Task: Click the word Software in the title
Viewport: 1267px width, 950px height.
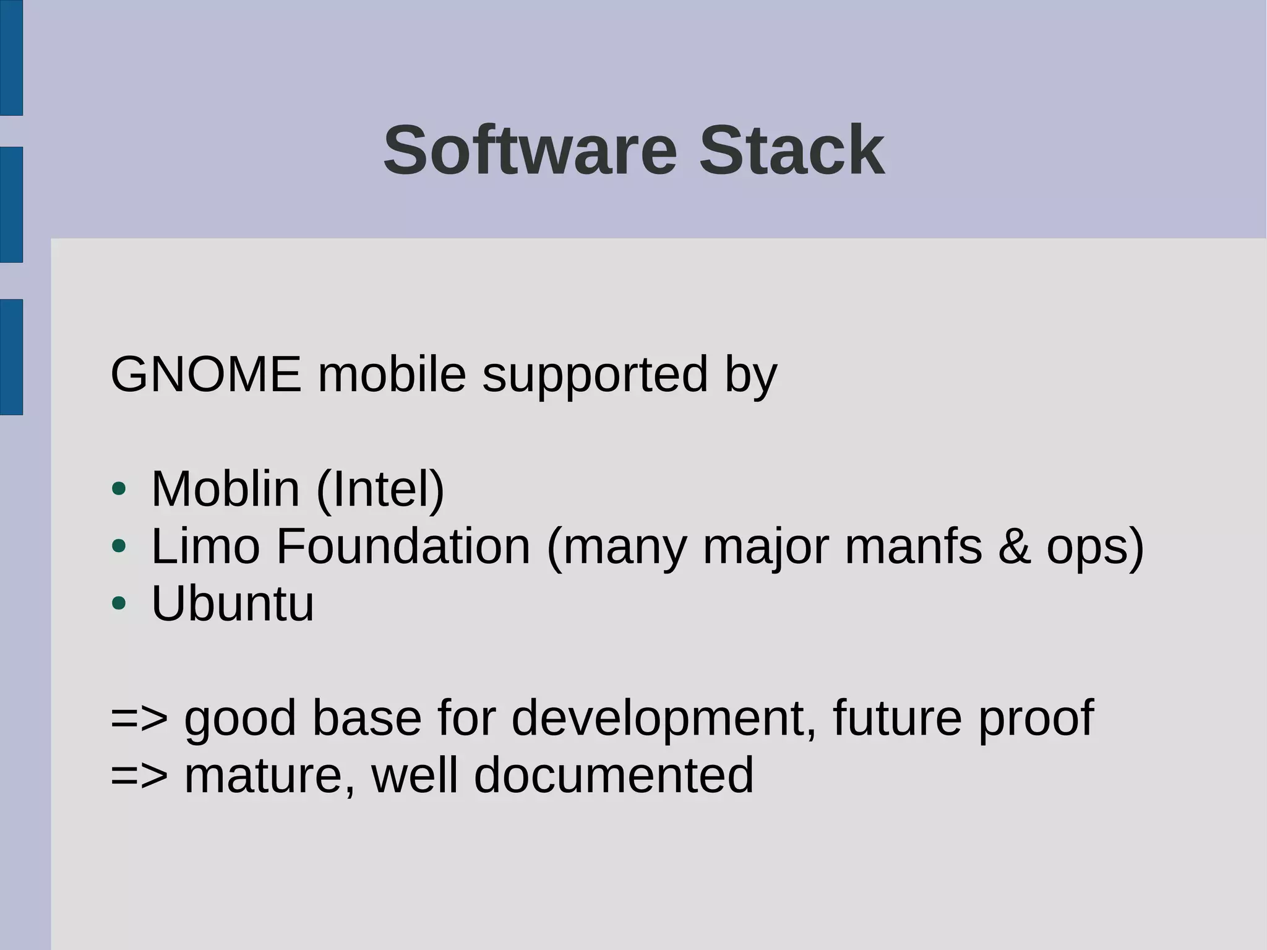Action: [530, 150]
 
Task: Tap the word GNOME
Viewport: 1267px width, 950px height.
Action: [206, 374]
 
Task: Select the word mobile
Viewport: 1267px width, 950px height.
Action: [392, 374]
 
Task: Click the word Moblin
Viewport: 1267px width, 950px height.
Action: [226, 489]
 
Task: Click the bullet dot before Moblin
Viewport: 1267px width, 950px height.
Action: [119, 490]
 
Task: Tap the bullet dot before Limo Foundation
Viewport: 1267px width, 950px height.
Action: [119, 546]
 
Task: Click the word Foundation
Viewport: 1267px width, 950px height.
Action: [403, 546]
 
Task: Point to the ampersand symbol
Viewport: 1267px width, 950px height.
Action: [1014, 546]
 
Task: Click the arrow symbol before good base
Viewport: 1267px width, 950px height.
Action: [139, 718]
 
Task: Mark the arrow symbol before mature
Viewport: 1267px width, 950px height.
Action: [139, 775]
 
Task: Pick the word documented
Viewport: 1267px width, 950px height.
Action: [614, 775]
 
